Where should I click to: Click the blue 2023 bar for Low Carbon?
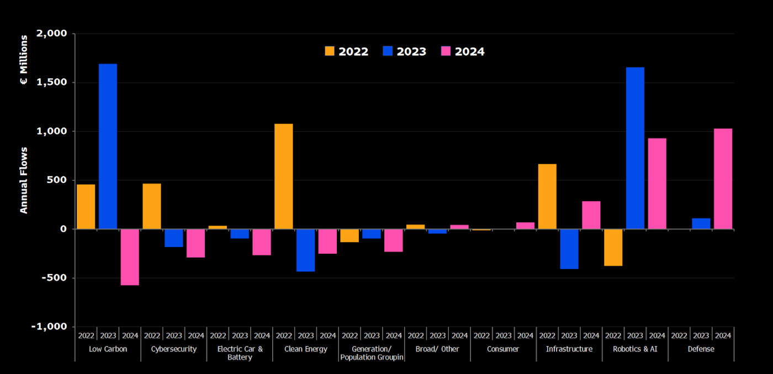[x=108, y=146]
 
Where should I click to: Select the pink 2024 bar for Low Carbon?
[x=130, y=257]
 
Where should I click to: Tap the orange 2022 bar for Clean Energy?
[x=284, y=176]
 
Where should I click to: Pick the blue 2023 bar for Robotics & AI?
[x=635, y=148]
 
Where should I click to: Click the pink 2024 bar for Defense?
[x=723, y=179]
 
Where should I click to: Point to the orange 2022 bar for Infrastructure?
[x=547, y=196]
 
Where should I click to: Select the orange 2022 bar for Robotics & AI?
[x=613, y=247]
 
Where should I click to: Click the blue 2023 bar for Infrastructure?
[x=569, y=249]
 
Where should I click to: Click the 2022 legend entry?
[x=347, y=51]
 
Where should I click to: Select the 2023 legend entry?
[x=405, y=51]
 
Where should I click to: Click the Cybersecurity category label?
[x=173, y=349]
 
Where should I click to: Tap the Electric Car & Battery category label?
[x=240, y=353]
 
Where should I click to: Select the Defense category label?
[x=701, y=349]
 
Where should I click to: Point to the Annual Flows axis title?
[x=24, y=180]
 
